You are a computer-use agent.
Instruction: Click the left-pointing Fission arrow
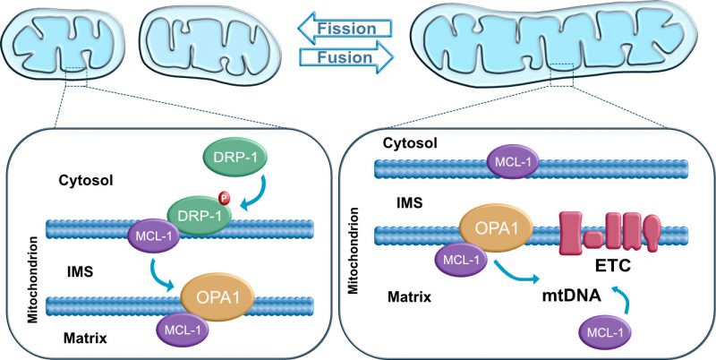tap(345, 29)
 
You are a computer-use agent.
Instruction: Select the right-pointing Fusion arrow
tap(345, 57)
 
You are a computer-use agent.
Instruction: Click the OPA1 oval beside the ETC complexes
tap(496, 227)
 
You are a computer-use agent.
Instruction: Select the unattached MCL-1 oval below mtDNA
tap(605, 334)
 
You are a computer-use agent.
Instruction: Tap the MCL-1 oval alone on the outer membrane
tap(513, 162)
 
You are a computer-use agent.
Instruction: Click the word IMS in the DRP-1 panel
tap(80, 273)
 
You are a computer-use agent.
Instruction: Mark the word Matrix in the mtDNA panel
tap(410, 297)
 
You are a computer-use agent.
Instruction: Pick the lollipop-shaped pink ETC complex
tap(653, 232)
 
